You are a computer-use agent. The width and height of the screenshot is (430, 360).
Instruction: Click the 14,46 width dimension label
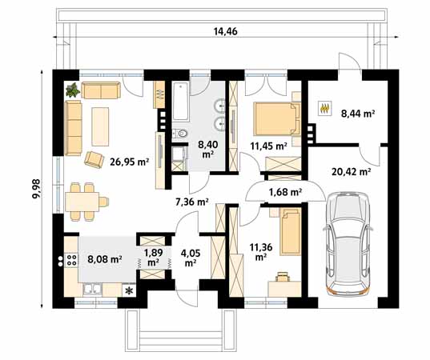click(226, 31)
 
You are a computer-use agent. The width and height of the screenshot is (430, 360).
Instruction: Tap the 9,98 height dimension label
click(36, 189)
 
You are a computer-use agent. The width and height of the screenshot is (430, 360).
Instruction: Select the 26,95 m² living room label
click(129, 162)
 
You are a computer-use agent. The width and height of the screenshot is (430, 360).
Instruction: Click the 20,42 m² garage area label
click(351, 172)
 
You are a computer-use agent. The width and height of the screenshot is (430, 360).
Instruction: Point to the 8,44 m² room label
click(358, 113)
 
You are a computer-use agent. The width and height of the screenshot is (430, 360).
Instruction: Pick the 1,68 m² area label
click(285, 192)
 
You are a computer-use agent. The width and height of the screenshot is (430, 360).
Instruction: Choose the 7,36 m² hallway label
click(192, 202)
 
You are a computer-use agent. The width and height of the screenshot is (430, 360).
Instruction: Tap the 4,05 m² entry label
click(191, 258)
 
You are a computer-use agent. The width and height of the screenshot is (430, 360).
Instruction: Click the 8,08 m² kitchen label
click(104, 259)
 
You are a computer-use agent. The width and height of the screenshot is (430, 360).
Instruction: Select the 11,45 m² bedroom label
click(268, 146)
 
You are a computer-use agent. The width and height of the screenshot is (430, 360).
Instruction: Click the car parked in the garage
click(348, 244)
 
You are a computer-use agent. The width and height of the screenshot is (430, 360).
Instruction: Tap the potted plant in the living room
click(73, 90)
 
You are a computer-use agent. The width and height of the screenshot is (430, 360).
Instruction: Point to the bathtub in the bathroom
click(181, 102)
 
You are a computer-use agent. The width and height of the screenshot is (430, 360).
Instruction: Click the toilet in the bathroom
click(180, 134)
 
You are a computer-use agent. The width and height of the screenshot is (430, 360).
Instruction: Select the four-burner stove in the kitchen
click(71, 260)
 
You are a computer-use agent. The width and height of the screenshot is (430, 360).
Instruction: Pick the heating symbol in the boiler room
click(325, 108)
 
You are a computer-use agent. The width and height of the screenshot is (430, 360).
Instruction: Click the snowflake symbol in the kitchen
click(128, 290)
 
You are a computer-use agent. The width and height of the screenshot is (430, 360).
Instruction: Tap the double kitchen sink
click(92, 290)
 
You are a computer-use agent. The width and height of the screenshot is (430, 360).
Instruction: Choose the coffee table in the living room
click(100, 126)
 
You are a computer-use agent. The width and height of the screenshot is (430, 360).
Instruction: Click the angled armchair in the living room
click(94, 159)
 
